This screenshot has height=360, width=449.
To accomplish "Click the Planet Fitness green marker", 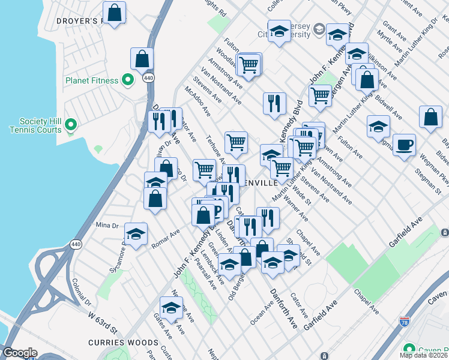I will [x=127, y=79].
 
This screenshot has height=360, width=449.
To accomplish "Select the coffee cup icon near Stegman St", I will [x=405, y=145].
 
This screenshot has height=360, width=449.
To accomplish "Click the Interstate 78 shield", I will [x=404, y=322].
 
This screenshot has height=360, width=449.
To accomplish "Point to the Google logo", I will [x=19, y=353].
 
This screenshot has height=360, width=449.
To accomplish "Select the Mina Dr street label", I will [x=107, y=226].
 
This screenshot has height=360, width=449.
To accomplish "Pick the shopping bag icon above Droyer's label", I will [x=114, y=12].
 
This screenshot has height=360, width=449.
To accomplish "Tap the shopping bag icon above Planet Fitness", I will [x=142, y=59].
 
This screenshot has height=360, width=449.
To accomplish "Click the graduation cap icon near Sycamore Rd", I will [x=136, y=234].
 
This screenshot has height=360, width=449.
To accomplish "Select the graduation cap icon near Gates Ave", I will [x=172, y=308].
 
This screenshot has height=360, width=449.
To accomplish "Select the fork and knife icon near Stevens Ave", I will [x=274, y=103].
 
